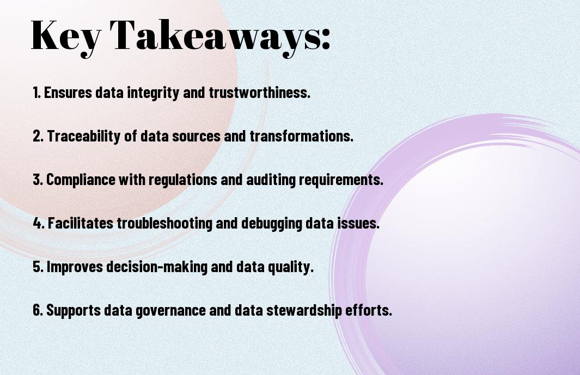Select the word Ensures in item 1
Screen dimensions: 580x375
coord(68,93)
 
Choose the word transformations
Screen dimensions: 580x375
coord(302,136)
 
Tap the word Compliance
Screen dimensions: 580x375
coord(81,180)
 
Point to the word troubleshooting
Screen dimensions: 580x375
coord(164,224)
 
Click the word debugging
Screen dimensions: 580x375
coord(272,224)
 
